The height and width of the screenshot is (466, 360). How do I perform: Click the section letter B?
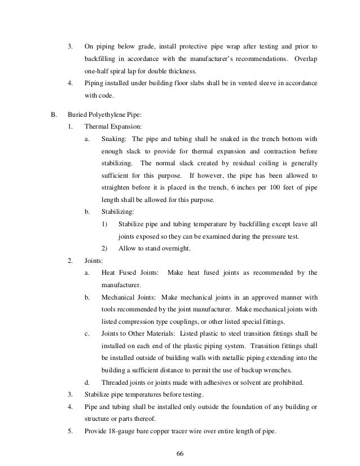pyautogui.click(x=54, y=115)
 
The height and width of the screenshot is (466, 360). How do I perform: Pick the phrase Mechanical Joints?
pyautogui.click(x=130, y=297)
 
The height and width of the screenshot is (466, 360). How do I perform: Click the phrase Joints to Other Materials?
pyautogui.click(x=138, y=333)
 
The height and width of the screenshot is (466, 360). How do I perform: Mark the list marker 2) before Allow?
pyautogui.click(x=104, y=249)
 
